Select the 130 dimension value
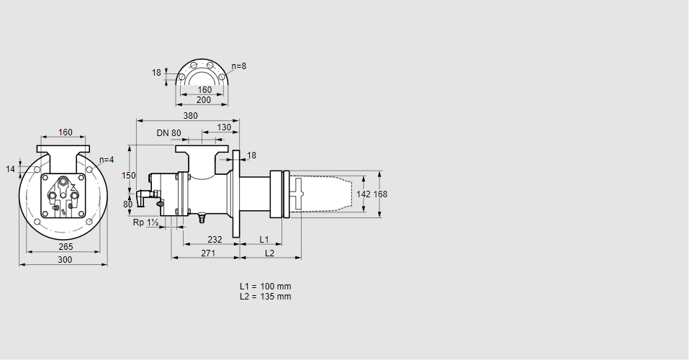(x=224, y=127)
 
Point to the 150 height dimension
(x=128, y=175)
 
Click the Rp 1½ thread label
(x=146, y=222)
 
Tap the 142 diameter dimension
(x=364, y=194)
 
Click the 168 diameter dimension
(x=380, y=194)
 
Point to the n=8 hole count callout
(x=239, y=66)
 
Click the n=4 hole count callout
(x=107, y=160)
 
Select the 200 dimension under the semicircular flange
(x=204, y=100)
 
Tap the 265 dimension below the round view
(x=66, y=246)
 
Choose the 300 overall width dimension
(x=65, y=260)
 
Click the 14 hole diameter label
(x=10, y=168)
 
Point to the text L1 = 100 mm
(x=266, y=286)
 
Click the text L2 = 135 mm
(x=266, y=296)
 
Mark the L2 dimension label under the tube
(x=269, y=253)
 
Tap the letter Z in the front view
(x=73, y=187)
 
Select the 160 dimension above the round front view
(x=66, y=132)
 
